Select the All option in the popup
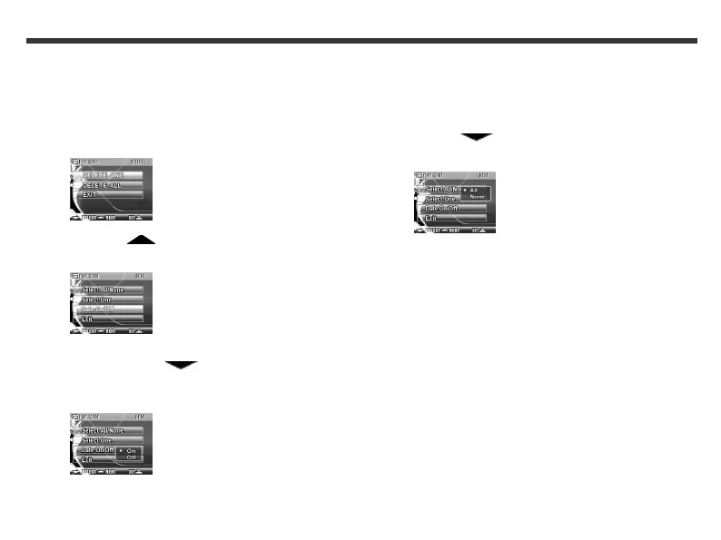474,190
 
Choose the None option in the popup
477,197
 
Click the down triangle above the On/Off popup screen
182,365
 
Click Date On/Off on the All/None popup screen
454,209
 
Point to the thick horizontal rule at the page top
360,41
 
